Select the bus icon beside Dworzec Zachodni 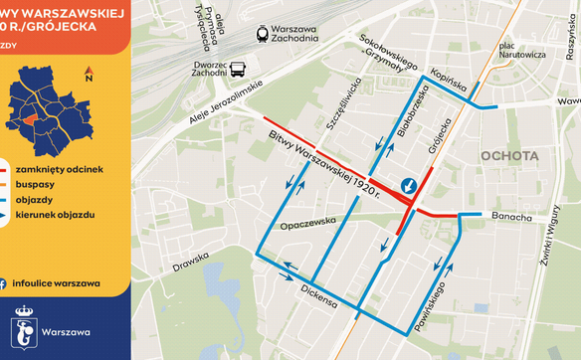click(239, 69)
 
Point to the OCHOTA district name click(508, 156)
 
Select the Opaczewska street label click(303, 225)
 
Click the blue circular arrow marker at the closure click(409, 186)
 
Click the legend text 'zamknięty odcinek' click(60, 169)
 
